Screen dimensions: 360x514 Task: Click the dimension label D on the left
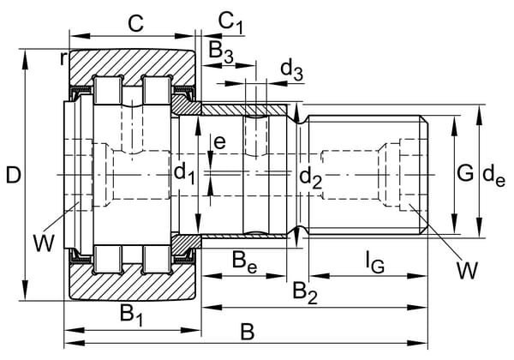(13, 176)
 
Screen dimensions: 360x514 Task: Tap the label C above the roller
(134, 22)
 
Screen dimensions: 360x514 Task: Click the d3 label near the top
(291, 68)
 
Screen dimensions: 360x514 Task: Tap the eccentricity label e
(220, 142)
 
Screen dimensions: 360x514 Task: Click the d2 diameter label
(310, 177)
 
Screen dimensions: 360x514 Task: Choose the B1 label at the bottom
(131, 315)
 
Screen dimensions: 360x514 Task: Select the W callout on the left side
(43, 243)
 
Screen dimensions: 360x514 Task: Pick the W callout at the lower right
(465, 272)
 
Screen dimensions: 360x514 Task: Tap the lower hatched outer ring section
(133, 285)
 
